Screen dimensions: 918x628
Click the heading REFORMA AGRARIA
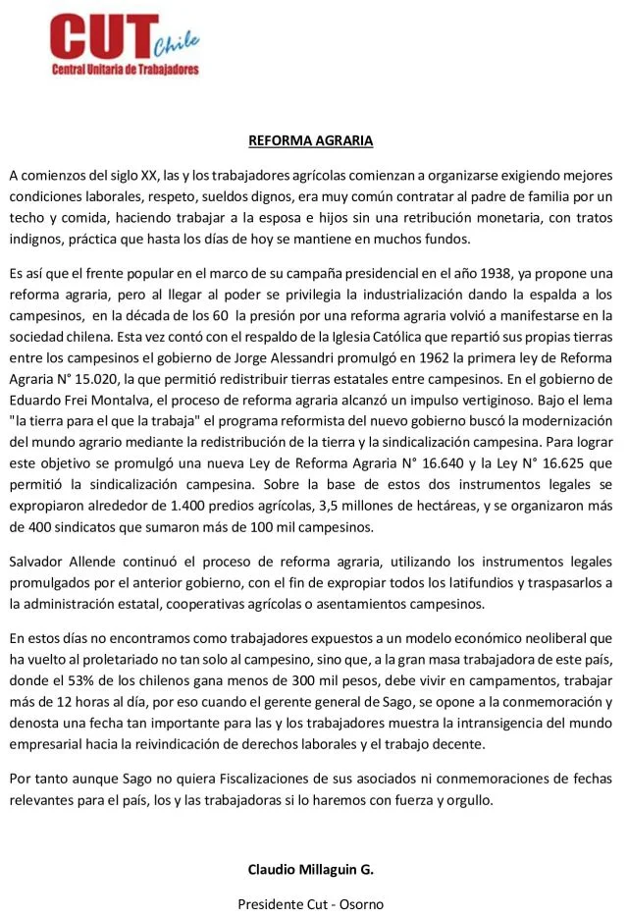point(310,140)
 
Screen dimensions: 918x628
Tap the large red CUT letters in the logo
point(101,38)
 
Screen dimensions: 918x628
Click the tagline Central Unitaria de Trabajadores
point(125,71)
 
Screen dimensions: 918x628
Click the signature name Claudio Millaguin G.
point(310,870)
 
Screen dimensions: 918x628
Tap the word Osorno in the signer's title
point(360,903)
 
